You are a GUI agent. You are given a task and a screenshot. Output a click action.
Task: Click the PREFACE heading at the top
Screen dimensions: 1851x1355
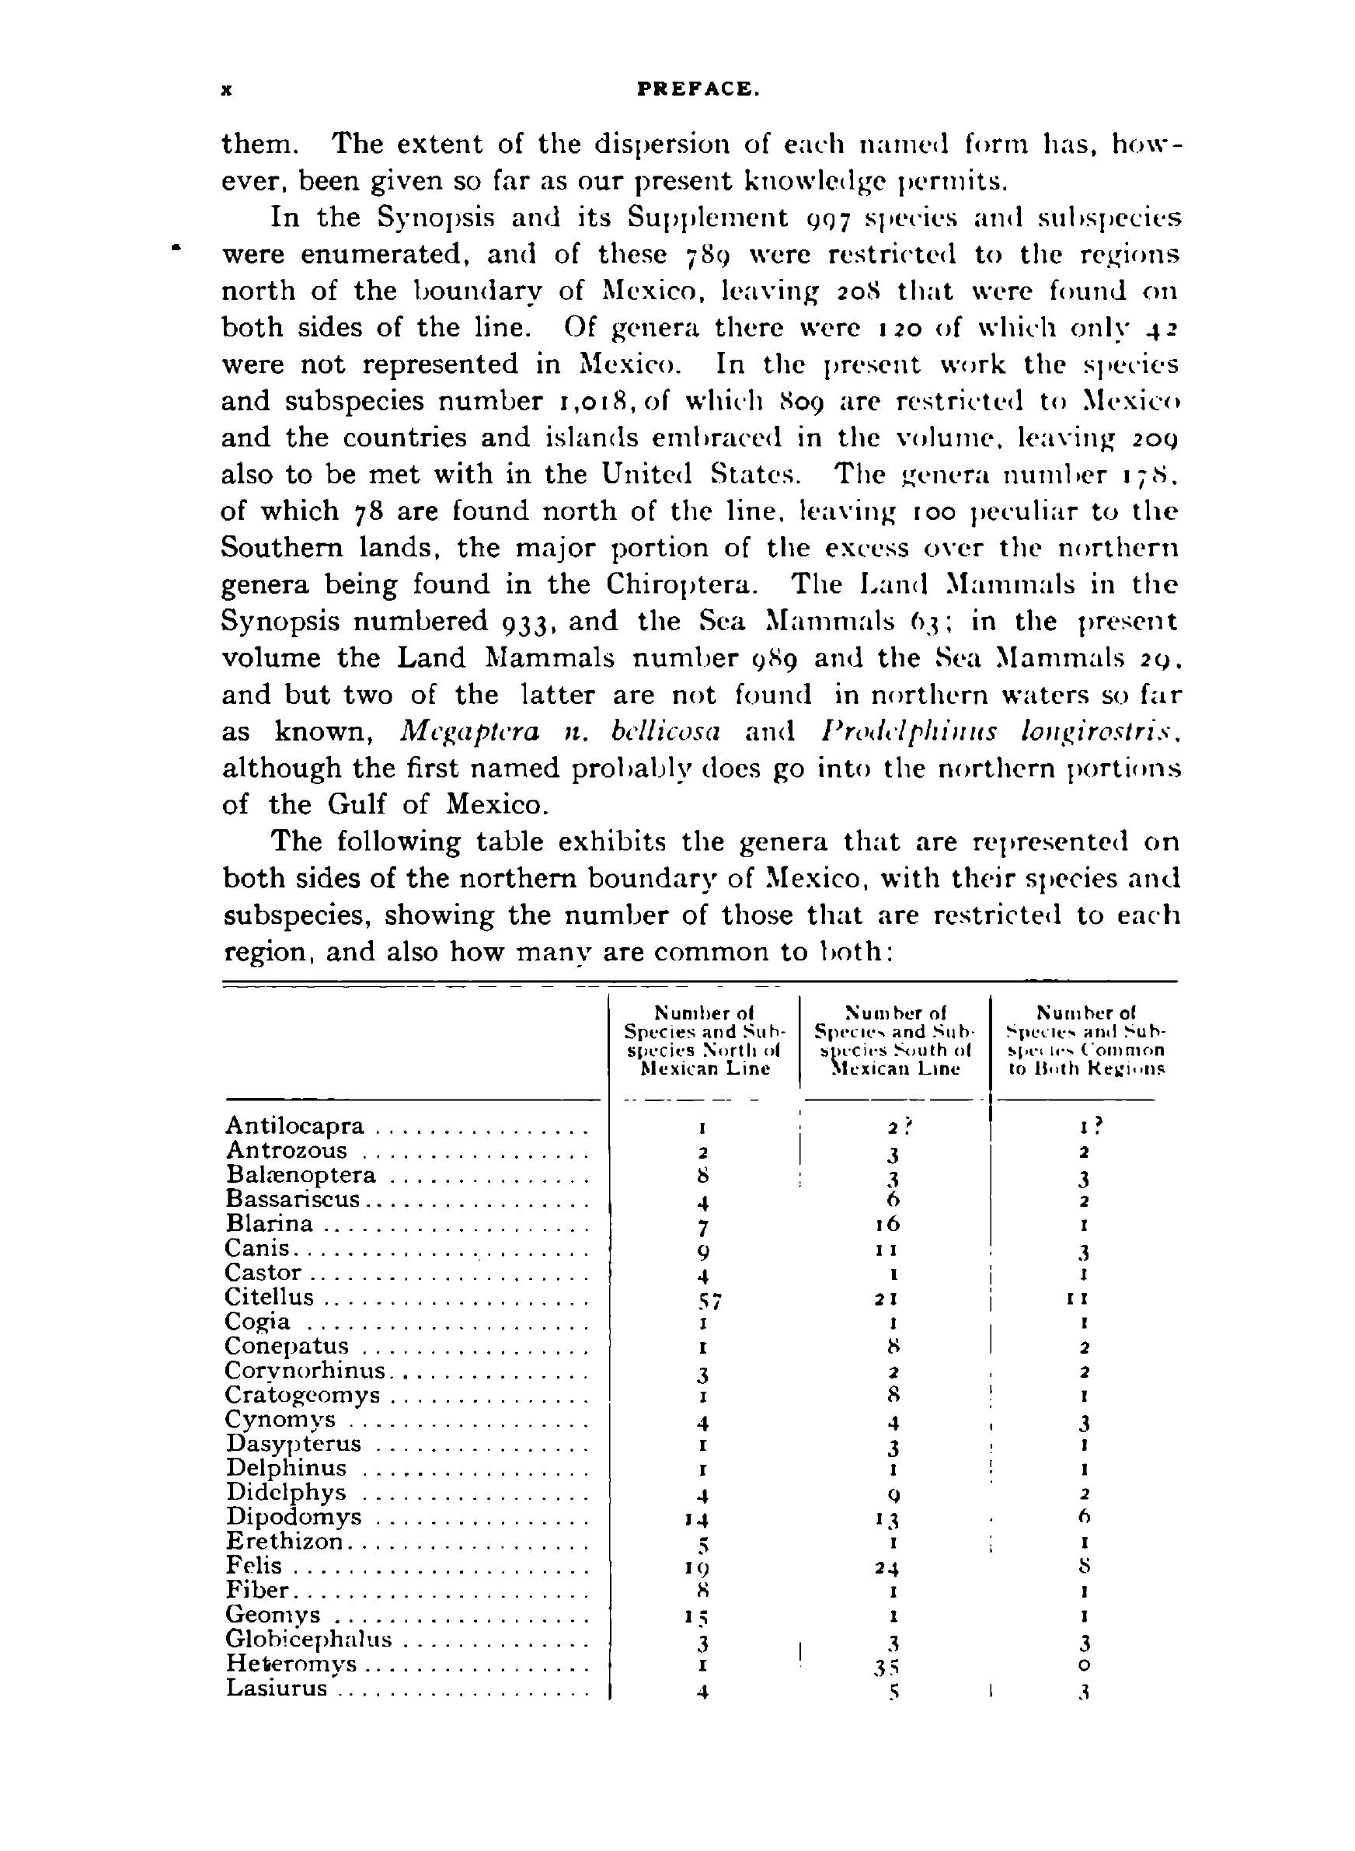click(698, 91)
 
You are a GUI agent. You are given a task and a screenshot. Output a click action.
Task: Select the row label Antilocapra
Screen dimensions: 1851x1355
click(295, 1125)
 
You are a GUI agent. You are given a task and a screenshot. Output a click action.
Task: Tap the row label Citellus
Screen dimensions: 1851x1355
click(270, 1297)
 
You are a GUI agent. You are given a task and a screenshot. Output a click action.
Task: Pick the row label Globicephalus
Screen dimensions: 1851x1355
click(309, 1640)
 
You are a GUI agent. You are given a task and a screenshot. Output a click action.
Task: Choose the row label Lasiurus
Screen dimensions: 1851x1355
click(277, 1689)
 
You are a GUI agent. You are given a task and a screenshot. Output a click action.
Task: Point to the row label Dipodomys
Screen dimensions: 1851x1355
click(294, 1516)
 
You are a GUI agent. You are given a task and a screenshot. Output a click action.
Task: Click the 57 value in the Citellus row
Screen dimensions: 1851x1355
click(705, 1302)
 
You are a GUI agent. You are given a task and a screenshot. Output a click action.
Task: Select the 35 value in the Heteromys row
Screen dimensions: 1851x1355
click(892, 1668)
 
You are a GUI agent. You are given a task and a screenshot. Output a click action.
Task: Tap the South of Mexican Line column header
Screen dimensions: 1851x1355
click(894, 1041)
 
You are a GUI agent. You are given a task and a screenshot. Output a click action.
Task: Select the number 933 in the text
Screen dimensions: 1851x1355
click(524, 622)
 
